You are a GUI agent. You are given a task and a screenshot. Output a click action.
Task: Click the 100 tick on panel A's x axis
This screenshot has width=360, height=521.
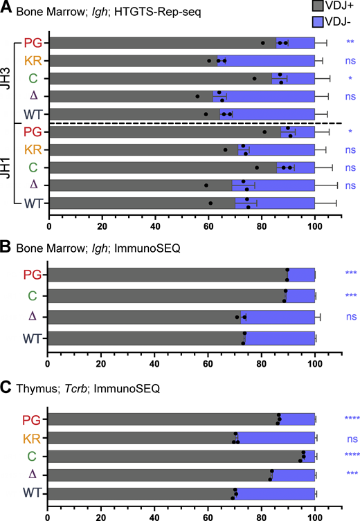point(315,226)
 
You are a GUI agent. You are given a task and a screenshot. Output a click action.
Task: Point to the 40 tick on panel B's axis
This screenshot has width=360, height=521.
point(154,361)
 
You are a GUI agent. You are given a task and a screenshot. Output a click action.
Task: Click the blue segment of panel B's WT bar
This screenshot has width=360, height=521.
point(279,338)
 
